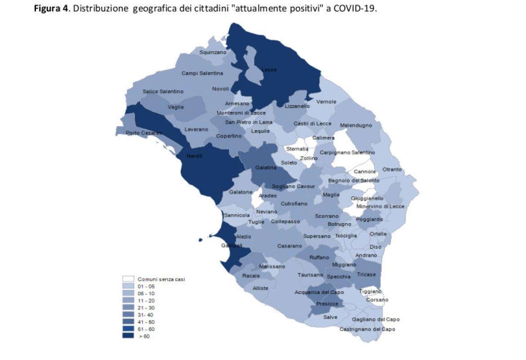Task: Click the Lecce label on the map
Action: point(269,70)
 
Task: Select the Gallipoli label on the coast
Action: point(232,246)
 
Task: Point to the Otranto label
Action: point(392,170)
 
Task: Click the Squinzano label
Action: point(213,53)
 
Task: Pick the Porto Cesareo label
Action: point(144,133)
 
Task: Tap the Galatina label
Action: point(266,167)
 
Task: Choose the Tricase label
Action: point(366,275)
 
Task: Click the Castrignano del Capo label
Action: point(367,329)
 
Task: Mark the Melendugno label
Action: point(356,125)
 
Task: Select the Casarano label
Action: point(289,246)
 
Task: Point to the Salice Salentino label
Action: point(163,91)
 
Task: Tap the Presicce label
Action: point(327,304)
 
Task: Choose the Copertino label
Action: point(229,136)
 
